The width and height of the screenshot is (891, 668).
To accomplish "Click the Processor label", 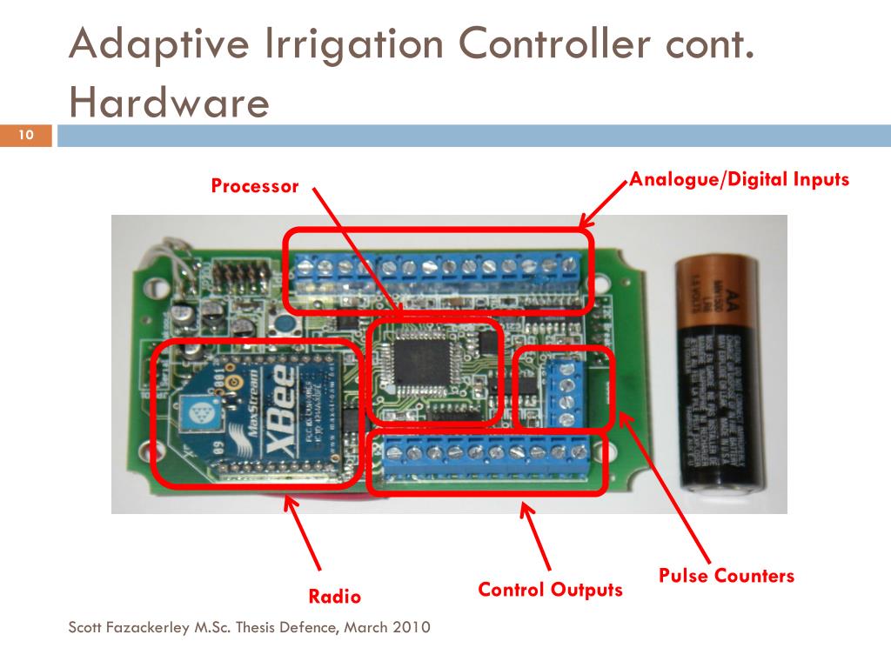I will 254,186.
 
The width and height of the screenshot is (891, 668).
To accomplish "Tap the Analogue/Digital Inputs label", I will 739,180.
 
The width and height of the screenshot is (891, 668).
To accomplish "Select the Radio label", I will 334,597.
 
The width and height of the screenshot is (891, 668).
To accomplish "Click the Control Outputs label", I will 550,590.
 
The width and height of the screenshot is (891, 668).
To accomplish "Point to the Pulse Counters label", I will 726,576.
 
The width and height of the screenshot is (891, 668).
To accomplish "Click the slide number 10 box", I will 26,135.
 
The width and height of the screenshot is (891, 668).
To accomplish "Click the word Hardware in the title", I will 170,104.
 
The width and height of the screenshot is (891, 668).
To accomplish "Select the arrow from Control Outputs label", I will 537,534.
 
